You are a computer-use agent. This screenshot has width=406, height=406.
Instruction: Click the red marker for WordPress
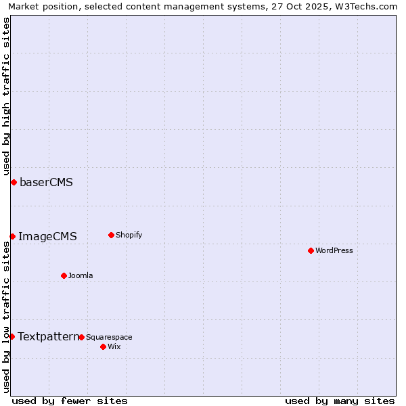coord(311,250)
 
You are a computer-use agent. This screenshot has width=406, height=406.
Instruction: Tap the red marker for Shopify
coord(111,235)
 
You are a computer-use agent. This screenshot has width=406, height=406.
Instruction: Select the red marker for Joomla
coord(64,275)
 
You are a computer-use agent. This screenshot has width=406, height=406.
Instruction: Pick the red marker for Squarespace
coord(81,337)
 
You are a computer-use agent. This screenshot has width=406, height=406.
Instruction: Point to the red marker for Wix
coord(103,346)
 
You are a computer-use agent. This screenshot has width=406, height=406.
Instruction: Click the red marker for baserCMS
coord(14,182)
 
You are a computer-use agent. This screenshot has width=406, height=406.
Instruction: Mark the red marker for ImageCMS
coord(12,236)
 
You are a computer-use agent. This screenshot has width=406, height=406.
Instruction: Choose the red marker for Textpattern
coord(12,336)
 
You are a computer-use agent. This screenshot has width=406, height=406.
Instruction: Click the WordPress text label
coord(334,250)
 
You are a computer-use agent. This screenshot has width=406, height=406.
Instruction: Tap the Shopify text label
coord(129,235)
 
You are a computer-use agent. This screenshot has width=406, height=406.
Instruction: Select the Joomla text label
coord(81,275)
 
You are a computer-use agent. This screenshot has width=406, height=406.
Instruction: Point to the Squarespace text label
coord(109,337)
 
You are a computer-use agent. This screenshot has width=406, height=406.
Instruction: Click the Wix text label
coord(114,346)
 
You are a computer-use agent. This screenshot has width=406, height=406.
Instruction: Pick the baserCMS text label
coord(46,182)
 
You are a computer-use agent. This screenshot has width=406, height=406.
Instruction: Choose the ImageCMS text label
coord(47,236)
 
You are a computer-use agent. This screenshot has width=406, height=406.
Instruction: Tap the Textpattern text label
coord(48,336)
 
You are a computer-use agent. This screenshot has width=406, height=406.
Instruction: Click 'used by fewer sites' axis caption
coord(70,401)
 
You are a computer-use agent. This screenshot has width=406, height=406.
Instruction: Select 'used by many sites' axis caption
coord(340,401)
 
